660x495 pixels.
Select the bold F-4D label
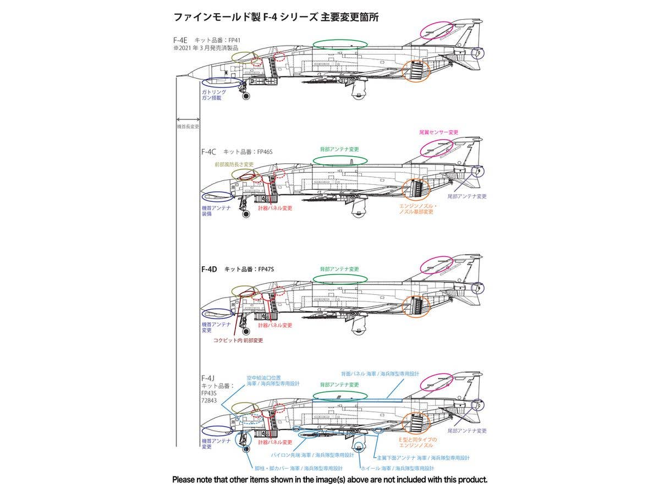click(x=210, y=269)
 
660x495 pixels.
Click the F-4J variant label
click(x=208, y=378)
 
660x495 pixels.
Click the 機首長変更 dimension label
click(x=188, y=127)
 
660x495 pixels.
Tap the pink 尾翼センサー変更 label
click(x=438, y=133)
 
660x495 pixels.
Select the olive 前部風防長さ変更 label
click(x=234, y=164)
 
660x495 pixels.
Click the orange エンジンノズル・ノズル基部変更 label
click(x=416, y=208)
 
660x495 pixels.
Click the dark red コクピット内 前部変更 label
click(x=238, y=340)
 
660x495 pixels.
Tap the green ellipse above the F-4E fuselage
click(x=340, y=44)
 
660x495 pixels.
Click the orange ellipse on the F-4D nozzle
click(x=416, y=307)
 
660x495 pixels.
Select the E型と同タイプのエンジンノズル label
click(x=418, y=443)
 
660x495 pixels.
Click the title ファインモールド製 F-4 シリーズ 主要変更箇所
click(x=276, y=17)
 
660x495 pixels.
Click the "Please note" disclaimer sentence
click(x=330, y=480)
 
